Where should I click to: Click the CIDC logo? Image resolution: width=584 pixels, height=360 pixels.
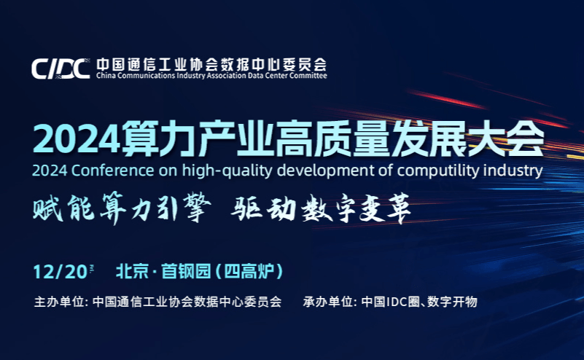click(61, 69)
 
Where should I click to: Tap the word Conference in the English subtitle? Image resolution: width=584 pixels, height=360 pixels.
click(112, 171)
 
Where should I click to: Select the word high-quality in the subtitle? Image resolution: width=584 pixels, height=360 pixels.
click(227, 171)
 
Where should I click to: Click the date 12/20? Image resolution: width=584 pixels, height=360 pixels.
click(61, 272)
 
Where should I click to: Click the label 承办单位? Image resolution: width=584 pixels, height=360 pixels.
click(328, 302)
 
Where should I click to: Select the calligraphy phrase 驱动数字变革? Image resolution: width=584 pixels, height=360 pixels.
click(321, 208)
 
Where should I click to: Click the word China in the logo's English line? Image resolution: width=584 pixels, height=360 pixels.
click(106, 76)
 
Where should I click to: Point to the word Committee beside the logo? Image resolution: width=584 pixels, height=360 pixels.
click(308, 76)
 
